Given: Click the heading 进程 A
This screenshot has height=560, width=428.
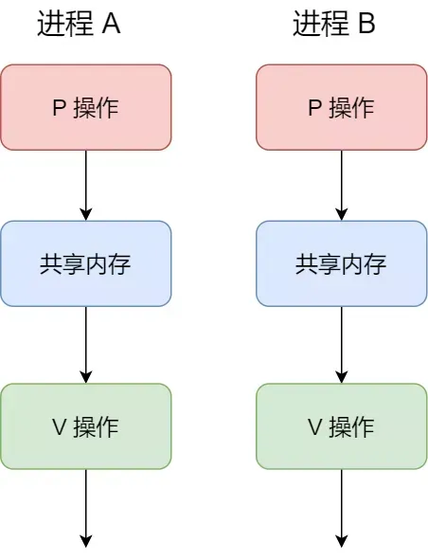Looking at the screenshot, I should pos(79,26).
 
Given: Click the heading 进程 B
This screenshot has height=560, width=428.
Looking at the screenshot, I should pos(334,26).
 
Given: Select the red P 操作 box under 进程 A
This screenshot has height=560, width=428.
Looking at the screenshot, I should pos(86,107).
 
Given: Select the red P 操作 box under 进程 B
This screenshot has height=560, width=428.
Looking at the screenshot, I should pos(342,107).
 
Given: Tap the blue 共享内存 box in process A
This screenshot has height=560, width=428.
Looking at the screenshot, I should pos(86,263).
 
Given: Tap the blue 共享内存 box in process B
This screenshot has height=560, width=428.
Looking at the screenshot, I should pos(342,263).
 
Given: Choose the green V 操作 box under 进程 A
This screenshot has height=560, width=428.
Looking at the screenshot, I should pos(86,426).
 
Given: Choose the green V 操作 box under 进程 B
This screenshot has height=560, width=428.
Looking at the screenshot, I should pos(342,426).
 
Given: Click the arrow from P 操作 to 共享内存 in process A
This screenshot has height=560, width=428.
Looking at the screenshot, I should pos(86,185).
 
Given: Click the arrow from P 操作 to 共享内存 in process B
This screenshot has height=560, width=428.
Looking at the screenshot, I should pos(342,185).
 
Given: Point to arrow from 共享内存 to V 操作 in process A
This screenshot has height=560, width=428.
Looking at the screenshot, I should pos(86,345).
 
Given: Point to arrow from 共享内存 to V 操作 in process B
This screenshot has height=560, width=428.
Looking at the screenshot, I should pos(342,345).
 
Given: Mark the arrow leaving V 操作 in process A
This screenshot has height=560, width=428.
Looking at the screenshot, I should pos(86,507).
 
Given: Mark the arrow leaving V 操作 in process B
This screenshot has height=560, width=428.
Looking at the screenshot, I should pos(342,507).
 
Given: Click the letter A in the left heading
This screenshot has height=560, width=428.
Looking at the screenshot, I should pos(111,26).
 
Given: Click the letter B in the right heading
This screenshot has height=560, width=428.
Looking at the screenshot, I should pos(366,26).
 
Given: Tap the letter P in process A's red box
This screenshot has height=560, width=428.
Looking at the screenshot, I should pos(58,108).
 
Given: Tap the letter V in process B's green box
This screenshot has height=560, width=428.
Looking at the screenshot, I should pos(315,427).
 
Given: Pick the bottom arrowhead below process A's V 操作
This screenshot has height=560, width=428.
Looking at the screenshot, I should pos(86,541).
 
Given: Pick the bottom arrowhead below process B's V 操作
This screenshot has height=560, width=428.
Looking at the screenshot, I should pos(342,541).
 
